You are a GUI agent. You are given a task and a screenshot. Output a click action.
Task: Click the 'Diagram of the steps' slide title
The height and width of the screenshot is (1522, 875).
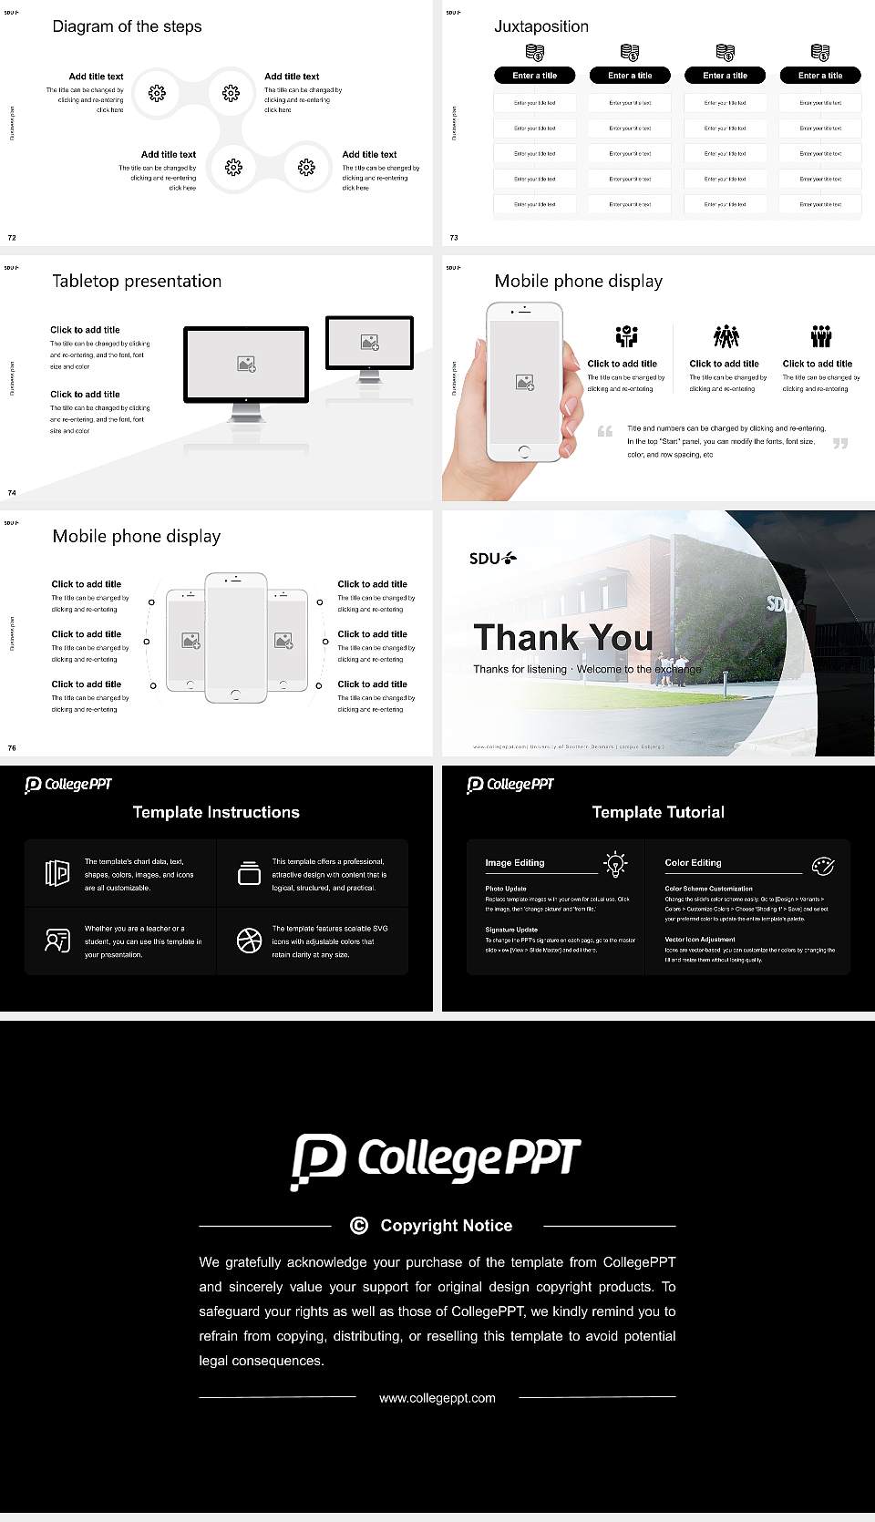(x=127, y=26)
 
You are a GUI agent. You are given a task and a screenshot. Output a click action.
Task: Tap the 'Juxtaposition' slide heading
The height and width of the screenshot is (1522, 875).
(x=540, y=26)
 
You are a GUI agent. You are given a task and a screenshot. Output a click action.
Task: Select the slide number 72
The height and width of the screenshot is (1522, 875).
(x=12, y=238)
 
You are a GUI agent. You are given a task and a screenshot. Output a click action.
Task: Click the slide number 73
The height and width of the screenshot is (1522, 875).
(x=454, y=238)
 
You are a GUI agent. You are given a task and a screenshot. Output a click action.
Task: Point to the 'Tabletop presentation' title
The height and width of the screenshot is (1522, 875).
(x=137, y=282)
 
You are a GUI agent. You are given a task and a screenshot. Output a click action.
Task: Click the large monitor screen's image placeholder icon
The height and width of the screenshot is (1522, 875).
(x=246, y=364)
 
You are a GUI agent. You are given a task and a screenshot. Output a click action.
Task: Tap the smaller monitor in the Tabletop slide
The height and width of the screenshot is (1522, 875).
(x=369, y=343)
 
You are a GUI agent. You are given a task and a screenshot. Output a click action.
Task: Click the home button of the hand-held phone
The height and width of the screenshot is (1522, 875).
(x=523, y=451)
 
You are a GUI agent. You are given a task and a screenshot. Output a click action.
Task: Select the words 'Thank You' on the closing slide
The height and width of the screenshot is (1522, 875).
(x=563, y=637)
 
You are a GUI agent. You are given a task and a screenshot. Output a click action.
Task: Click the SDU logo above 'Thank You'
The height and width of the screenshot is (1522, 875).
(x=492, y=559)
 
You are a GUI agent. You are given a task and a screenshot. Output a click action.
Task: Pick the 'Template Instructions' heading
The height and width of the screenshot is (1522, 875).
(x=216, y=812)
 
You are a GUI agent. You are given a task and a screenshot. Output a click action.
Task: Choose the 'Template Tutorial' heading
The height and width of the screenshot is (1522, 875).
(x=658, y=812)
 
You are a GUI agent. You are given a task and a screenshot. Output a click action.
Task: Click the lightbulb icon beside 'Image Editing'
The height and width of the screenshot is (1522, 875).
(x=615, y=864)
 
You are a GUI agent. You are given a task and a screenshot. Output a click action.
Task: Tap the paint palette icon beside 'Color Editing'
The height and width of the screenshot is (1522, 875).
(x=823, y=865)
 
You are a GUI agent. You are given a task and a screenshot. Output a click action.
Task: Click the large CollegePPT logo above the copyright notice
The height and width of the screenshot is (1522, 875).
(x=436, y=1160)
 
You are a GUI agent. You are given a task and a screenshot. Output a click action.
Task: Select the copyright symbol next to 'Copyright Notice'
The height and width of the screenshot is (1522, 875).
(x=359, y=1226)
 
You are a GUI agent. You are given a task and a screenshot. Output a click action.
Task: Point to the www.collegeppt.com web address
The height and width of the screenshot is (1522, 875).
(x=437, y=1398)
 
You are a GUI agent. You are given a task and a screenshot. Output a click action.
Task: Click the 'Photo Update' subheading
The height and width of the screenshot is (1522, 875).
(x=506, y=889)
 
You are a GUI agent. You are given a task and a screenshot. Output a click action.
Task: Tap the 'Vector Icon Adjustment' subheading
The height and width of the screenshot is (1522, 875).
(x=700, y=940)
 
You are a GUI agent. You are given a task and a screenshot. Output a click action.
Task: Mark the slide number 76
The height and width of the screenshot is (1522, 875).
(x=12, y=748)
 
